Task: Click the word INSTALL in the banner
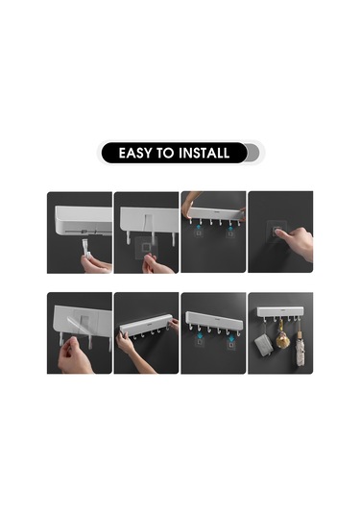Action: (x=204, y=153)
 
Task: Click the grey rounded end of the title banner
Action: (x=253, y=153)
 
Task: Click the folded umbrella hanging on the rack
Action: (x=300, y=350)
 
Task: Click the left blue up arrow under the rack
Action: (x=199, y=227)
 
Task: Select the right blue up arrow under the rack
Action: (x=231, y=227)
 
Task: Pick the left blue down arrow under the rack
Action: (x=199, y=336)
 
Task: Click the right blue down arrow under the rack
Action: (x=231, y=336)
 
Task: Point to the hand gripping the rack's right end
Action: (x=173, y=325)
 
